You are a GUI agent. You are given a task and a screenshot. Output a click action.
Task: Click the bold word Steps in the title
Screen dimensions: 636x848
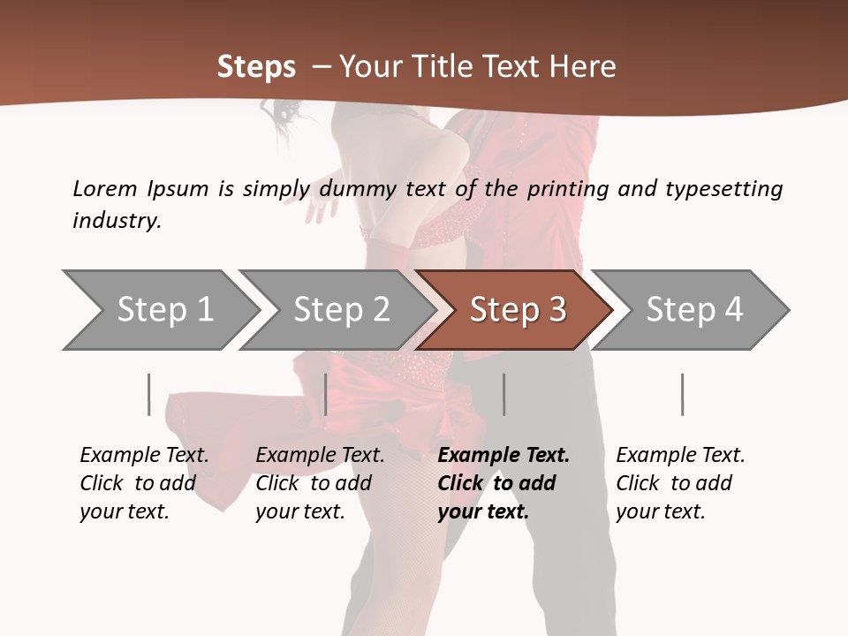tap(256, 67)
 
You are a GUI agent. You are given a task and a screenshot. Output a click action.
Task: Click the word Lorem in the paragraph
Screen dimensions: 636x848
tap(105, 188)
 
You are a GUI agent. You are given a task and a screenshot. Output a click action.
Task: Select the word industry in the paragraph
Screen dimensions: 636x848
tap(116, 220)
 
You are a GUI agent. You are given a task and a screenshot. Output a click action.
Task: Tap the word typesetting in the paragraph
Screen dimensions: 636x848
tap(723, 188)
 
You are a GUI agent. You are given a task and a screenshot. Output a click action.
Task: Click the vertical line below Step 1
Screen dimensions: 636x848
tap(149, 394)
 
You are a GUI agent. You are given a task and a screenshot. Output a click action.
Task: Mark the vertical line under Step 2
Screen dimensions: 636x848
tap(326, 394)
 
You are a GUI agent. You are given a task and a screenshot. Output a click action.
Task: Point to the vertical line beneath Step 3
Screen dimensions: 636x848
tap(503, 394)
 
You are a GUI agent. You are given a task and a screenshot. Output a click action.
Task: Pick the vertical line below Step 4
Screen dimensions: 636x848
tap(682, 394)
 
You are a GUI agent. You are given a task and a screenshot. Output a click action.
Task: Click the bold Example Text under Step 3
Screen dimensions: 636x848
tap(503, 455)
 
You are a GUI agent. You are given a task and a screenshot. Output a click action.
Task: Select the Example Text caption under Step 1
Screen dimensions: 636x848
tap(144, 455)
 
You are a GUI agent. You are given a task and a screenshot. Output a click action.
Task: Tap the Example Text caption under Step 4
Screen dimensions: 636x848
tap(680, 455)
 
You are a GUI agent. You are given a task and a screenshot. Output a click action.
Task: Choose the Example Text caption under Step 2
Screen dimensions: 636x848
tap(320, 455)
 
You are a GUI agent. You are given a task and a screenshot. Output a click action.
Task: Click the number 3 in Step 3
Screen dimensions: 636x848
tap(556, 310)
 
